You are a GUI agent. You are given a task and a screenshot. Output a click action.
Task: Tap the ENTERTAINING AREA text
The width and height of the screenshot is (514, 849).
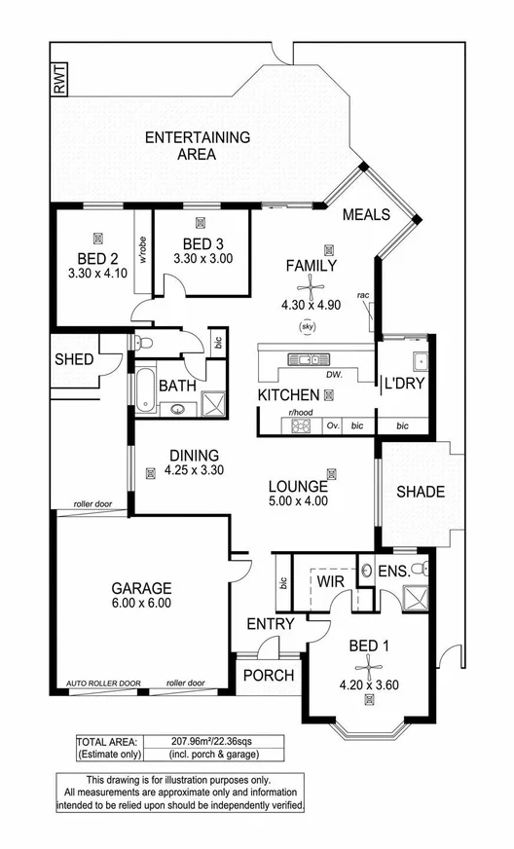pos(196,145)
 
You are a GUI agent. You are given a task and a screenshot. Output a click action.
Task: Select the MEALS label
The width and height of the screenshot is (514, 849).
pos(367,215)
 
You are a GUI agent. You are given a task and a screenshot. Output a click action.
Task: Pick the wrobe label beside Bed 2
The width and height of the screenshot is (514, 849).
pos(142,251)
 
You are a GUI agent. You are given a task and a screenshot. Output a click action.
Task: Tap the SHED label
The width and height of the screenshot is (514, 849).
pos(74,360)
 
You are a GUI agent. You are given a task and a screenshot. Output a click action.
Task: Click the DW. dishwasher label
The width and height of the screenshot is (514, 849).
pos(335,374)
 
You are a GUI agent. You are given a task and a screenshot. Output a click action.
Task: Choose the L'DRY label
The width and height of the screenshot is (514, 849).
pos(401,384)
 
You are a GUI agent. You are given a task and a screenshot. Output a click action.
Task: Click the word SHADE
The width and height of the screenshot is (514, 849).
pos(421,493)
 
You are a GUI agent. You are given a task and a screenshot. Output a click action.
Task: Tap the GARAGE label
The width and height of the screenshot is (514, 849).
pos(141,588)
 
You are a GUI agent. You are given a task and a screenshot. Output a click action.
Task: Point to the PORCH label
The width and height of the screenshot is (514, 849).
pos(268,676)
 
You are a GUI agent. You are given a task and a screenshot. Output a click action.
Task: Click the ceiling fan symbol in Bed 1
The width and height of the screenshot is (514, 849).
pos(371,664)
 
